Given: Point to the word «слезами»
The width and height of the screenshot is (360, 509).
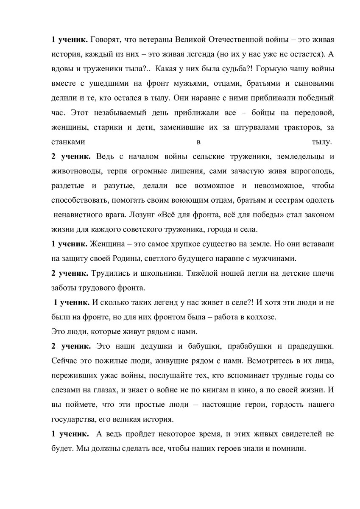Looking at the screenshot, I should click(66, 390).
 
